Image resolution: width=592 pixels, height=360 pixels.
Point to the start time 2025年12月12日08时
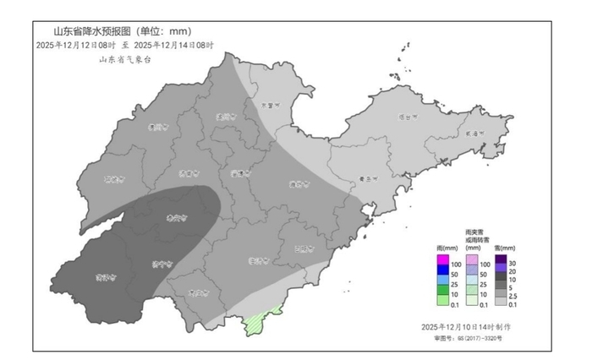pyautogui.click(x=73, y=46)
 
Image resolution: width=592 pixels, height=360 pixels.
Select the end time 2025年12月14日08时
pyautogui.click(x=174, y=46)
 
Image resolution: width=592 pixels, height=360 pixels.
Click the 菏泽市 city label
pyautogui.click(x=105, y=275)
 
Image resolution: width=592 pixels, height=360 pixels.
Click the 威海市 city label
pyautogui.click(x=474, y=133)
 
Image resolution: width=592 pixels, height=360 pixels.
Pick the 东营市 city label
pyautogui.click(x=269, y=105)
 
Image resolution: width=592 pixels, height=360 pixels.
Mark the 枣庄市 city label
pyautogui.click(x=198, y=293)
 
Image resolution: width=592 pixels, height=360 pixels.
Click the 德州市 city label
pyautogui.click(x=156, y=128)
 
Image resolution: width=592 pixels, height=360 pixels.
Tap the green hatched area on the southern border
pyautogui.click(x=257, y=323)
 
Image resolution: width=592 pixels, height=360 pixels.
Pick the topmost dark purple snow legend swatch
pyautogui.click(x=501, y=259)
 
